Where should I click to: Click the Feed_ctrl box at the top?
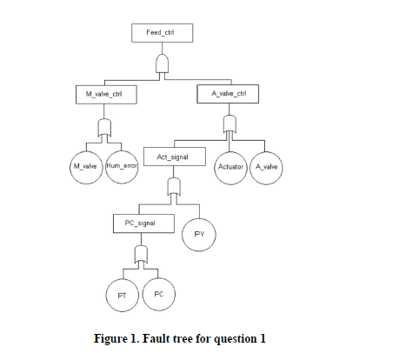pyautogui.click(x=160, y=33)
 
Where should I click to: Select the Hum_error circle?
pyautogui.click(x=123, y=165)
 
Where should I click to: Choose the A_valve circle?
pyautogui.click(x=266, y=165)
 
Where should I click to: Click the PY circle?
pyautogui.click(x=199, y=234)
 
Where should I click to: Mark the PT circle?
pyautogui.click(x=123, y=296)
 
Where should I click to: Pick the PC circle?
pyautogui.click(x=158, y=295)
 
